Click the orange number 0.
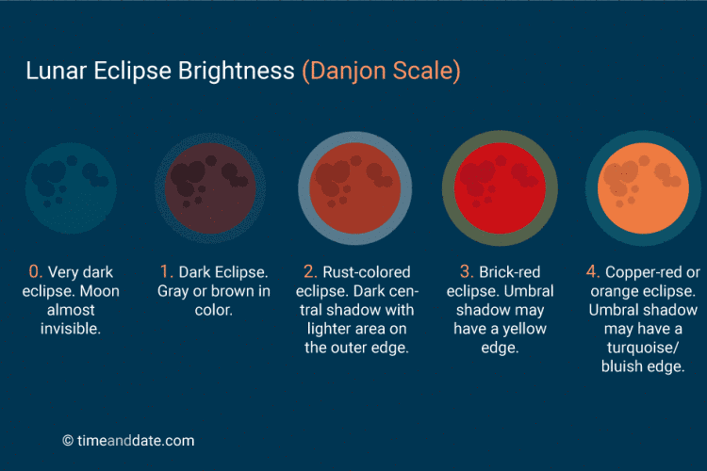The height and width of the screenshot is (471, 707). click(35, 272)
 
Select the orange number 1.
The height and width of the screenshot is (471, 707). click(166, 272)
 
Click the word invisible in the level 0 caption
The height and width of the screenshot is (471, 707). click(72, 329)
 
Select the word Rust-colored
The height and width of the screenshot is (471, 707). click(369, 272)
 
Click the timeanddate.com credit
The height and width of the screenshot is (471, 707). click(128, 440)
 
